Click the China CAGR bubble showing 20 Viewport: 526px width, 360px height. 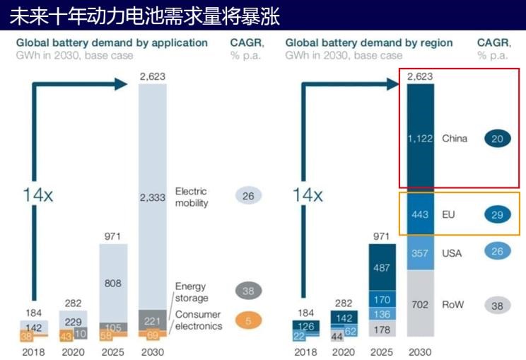(x=497, y=139)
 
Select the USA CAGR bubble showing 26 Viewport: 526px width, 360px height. (x=497, y=250)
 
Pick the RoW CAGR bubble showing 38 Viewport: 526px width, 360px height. (x=497, y=305)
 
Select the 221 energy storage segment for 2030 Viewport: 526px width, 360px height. (x=153, y=320)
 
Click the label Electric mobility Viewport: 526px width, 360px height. (x=192, y=197)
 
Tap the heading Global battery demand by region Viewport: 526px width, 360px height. (x=368, y=42)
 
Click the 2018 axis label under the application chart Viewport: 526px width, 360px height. (x=33, y=352)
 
